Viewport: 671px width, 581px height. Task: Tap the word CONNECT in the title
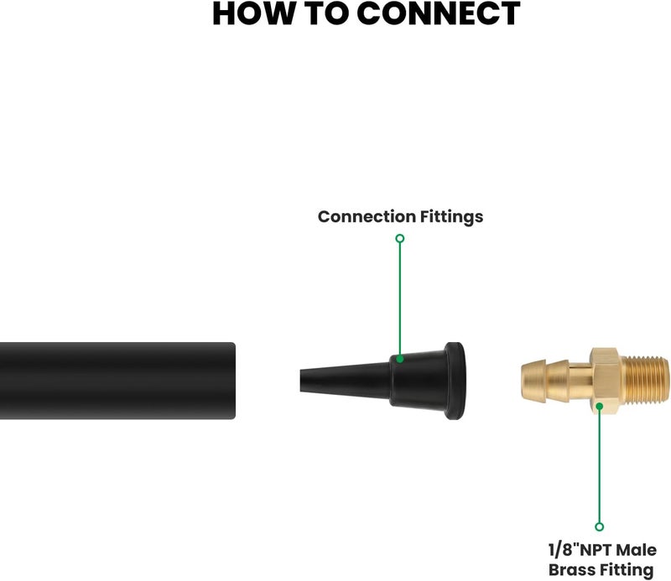(438, 13)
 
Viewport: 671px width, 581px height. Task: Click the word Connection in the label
(367, 216)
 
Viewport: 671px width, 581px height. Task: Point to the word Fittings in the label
(451, 217)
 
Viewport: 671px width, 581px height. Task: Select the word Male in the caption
(637, 550)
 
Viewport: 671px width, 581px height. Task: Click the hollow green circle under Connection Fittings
(400, 238)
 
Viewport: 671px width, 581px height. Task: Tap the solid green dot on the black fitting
(400, 359)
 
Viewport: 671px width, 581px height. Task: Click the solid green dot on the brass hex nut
(600, 406)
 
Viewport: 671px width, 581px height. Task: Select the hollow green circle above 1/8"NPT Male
(600, 527)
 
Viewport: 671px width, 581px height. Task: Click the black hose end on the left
(117, 381)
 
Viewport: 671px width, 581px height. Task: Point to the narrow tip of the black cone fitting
(301, 381)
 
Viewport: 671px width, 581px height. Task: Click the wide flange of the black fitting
(454, 381)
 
